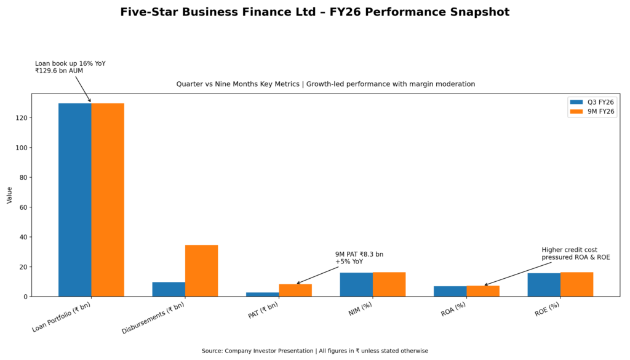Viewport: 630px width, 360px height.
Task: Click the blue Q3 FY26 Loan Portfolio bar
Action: coord(75,199)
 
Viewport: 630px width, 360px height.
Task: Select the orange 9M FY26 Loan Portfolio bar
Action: coord(108,199)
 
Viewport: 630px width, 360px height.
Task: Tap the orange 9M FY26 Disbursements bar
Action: coord(201,271)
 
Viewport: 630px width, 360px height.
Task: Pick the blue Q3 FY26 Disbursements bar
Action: coord(169,289)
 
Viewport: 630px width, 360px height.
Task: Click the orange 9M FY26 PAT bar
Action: coord(295,290)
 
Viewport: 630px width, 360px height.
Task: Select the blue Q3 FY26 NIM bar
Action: coord(356,284)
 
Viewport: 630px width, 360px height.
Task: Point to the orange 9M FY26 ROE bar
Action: coord(576,284)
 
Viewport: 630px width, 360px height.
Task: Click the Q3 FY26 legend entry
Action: coord(592,102)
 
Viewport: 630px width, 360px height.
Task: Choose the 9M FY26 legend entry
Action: coord(592,111)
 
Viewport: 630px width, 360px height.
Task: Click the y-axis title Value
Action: coord(9,196)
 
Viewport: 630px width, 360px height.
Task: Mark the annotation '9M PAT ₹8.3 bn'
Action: coord(359,254)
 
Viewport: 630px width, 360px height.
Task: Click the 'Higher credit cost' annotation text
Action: coord(569,250)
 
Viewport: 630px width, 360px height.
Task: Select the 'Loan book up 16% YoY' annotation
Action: coord(70,63)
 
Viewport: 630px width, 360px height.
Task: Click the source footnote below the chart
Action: coord(314,351)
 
